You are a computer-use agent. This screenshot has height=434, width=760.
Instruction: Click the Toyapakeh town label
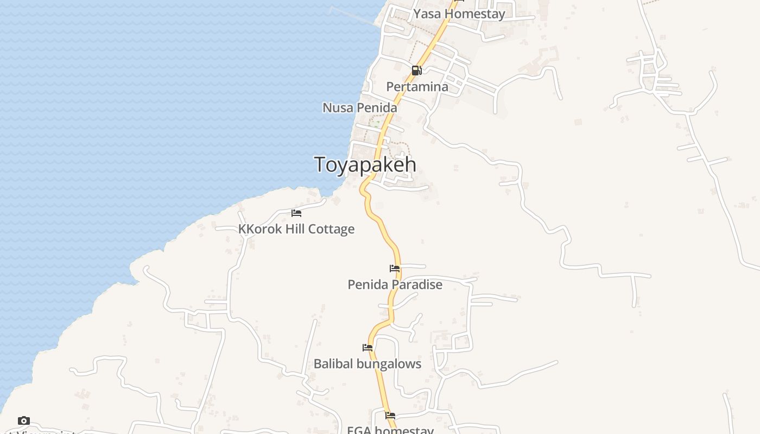365,164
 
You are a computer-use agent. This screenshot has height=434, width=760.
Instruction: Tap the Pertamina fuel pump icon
416,70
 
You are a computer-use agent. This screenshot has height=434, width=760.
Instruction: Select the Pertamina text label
417,87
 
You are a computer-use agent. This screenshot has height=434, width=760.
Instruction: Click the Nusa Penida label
359,107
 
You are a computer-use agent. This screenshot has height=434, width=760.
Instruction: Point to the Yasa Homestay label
459,14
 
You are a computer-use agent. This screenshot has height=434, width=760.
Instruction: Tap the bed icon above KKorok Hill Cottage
296,213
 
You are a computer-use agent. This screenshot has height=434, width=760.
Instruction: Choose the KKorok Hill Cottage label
296,229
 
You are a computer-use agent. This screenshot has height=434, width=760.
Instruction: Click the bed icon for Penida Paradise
395,269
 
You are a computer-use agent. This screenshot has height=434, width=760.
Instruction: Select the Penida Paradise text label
395,284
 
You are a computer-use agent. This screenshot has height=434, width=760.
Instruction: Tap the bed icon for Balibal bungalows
368,347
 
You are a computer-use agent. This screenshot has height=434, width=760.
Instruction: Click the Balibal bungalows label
368,363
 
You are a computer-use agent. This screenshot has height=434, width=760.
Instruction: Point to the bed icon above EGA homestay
390,416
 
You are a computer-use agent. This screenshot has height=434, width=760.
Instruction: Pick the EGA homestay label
390,430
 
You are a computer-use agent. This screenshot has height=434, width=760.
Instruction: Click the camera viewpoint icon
23,420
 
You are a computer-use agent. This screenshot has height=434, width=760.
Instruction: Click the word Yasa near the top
426,14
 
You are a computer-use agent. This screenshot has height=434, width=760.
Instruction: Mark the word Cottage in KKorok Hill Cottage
334,229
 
